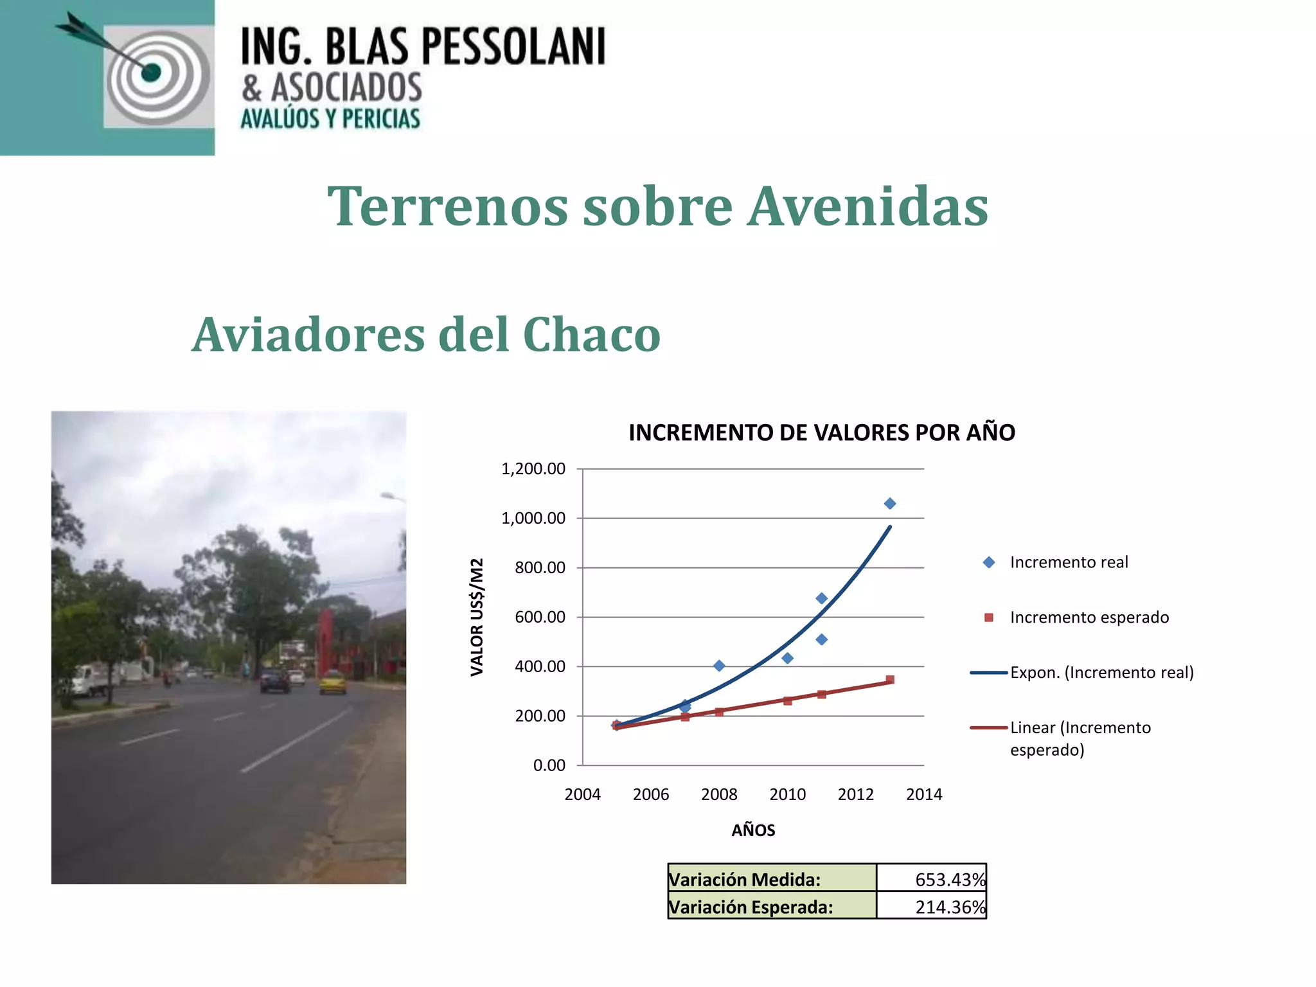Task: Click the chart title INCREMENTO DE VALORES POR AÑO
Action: (x=821, y=432)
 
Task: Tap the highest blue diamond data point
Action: (x=890, y=504)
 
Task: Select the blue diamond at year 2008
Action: (x=719, y=666)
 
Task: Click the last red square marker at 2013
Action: (x=890, y=680)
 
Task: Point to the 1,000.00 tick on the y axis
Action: (x=533, y=519)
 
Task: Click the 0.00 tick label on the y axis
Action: (x=549, y=765)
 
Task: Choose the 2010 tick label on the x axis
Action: (x=787, y=795)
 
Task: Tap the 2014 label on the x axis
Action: (x=924, y=795)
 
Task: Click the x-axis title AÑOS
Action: (x=753, y=830)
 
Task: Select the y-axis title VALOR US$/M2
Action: (x=477, y=617)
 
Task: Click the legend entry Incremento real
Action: (x=1069, y=562)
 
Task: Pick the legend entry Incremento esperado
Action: (x=1089, y=618)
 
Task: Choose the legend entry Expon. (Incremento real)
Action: (x=1101, y=673)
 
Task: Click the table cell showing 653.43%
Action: (x=950, y=880)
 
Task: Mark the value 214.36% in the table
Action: (x=950, y=907)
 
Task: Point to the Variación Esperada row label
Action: (x=751, y=907)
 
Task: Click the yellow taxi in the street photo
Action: (x=333, y=682)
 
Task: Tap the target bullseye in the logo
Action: (x=152, y=72)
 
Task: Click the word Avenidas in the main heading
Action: (x=867, y=207)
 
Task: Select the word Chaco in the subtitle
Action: (x=591, y=335)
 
